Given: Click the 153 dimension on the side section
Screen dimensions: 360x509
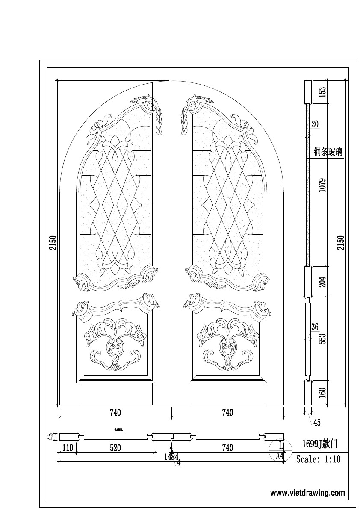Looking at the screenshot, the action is click(323, 91).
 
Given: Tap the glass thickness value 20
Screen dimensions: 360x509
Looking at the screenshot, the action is click(315, 124).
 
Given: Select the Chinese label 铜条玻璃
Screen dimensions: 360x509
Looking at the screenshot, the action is click(328, 152).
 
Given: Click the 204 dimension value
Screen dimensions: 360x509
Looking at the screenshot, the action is click(323, 281).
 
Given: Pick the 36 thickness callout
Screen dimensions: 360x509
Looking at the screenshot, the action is click(315, 327).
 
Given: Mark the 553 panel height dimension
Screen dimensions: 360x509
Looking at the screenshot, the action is click(323, 338).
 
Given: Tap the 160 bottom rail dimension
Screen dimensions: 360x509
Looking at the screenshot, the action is click(323, 391).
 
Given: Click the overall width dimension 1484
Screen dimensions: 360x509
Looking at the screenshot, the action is click(171, 456).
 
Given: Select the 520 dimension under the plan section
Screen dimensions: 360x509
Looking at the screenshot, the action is click(115, 448).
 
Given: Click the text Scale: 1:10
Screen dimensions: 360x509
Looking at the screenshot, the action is click(318, 460).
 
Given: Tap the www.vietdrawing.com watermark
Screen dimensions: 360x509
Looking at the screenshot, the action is click(307, 493).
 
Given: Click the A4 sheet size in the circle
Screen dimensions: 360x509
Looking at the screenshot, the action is click(280, 456).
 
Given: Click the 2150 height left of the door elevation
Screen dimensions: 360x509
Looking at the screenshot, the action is click(53, 242).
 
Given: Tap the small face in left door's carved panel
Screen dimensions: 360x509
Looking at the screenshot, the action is click(115, 355).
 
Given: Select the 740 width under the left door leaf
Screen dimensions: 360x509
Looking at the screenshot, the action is click(115, 412).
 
